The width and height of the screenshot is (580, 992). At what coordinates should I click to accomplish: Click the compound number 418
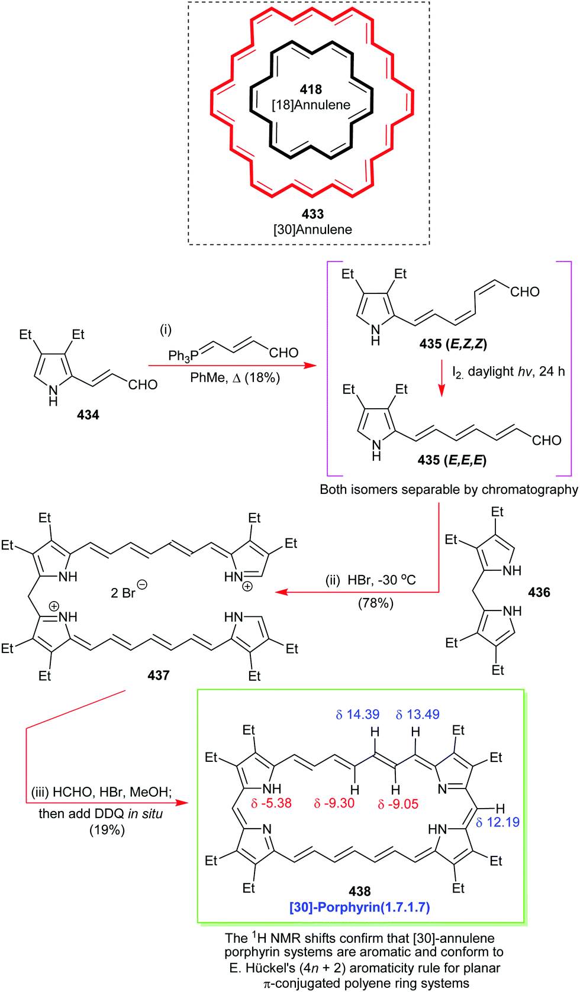(311, 89)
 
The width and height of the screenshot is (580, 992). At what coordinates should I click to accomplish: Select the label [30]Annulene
(312, 230)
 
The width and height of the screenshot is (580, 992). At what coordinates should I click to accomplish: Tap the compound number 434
(88, 415)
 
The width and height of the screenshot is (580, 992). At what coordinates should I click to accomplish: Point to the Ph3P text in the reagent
(180, 356)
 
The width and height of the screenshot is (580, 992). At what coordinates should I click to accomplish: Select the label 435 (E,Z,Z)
(453, 344)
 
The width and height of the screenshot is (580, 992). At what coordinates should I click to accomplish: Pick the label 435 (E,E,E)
(452, 460)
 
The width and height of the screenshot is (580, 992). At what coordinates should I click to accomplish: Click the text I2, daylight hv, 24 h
(508, 371)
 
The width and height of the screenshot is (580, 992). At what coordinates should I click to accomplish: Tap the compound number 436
(539, 592)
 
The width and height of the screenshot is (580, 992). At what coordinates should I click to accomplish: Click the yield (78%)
(375, 603)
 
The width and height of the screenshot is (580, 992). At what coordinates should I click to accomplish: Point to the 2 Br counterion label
(128, 592)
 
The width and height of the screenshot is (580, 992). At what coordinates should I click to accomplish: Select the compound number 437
(159, 675)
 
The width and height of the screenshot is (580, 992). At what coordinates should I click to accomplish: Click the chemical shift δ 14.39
(357, 715)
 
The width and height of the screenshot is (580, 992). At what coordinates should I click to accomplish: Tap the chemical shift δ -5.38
(271, 803)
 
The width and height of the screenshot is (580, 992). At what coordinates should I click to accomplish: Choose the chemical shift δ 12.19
(498, 822)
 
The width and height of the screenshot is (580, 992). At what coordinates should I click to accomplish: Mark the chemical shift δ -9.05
(398, 804)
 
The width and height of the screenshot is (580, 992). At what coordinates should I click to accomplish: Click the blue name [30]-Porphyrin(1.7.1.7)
(359, 907)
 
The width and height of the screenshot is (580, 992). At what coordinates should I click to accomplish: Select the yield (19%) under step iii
(107, 830)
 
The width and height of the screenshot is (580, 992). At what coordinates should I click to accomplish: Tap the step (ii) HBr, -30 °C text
(370, 580)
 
